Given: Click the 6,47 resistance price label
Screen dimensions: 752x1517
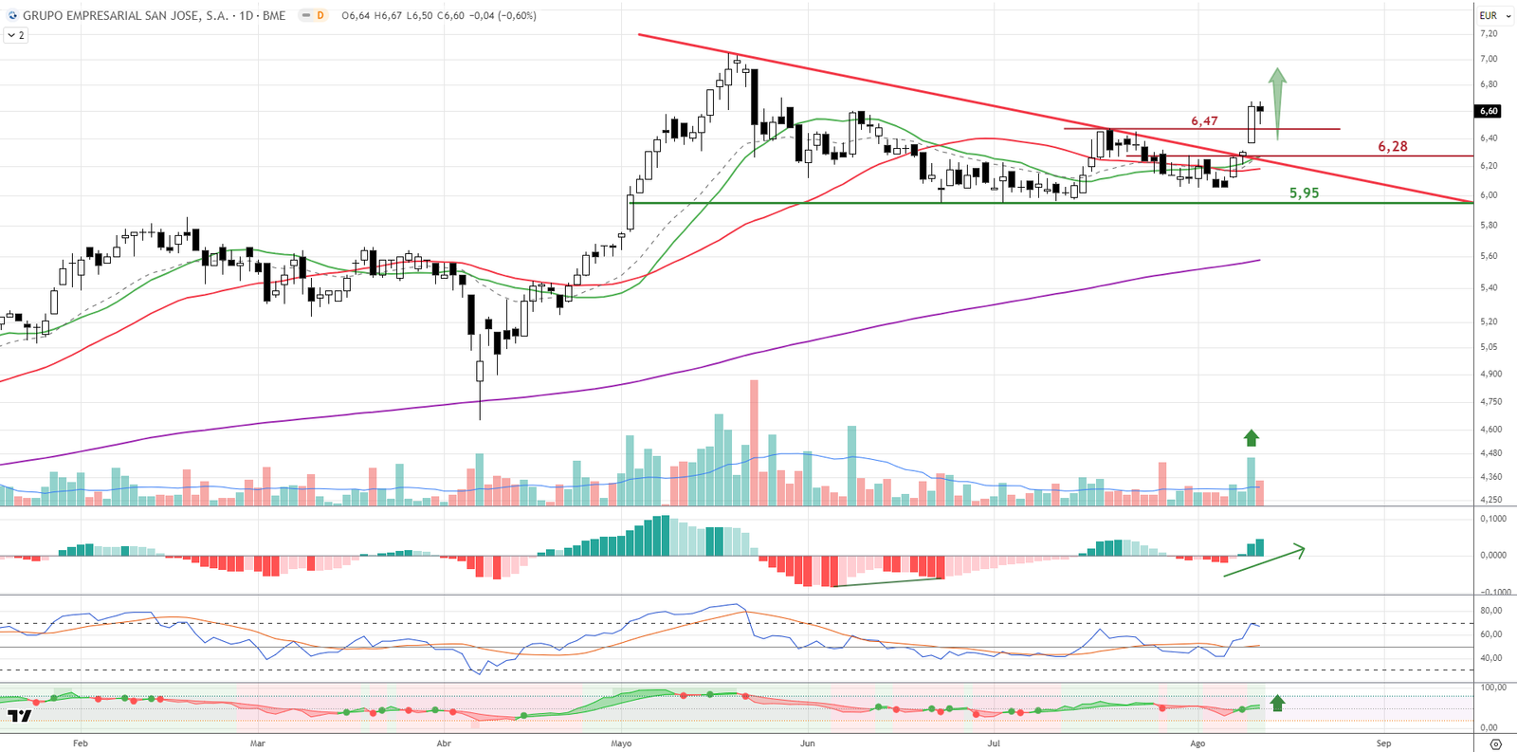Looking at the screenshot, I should [x=1204, y=121].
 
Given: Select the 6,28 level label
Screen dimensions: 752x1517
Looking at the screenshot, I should [x=1392, y=147].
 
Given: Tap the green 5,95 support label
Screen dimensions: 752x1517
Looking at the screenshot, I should [x=1304, y=193].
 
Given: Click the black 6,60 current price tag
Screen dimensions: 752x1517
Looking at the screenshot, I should [x=1489, y=111].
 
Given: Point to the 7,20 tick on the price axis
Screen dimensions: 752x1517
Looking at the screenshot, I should [x=1489, y=34].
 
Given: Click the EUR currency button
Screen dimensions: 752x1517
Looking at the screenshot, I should [x=1489, y=15].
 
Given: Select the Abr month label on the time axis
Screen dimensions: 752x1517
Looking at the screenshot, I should [x=444, y=743].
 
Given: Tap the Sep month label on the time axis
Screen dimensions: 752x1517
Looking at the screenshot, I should [x=1383, y=743].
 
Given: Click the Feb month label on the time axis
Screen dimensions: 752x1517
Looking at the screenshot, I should [x=81, y=743].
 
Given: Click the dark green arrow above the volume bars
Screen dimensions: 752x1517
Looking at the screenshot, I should [x=1252, y=438].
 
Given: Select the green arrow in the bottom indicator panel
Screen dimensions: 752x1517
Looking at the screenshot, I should [x=1277, y=703].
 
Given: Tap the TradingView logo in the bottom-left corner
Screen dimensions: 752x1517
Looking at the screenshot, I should [x=19, y=716].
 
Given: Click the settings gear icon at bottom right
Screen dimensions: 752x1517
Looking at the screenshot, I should [x=1495, y=743].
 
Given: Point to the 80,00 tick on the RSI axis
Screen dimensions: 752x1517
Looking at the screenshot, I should [x=1490, y=611].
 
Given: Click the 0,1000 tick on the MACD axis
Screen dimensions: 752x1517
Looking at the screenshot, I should [x=1492, y=519].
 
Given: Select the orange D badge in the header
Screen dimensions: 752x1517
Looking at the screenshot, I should [x=320, y=15].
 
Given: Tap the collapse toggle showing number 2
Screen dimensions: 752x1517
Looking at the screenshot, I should [x=16, y=35].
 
